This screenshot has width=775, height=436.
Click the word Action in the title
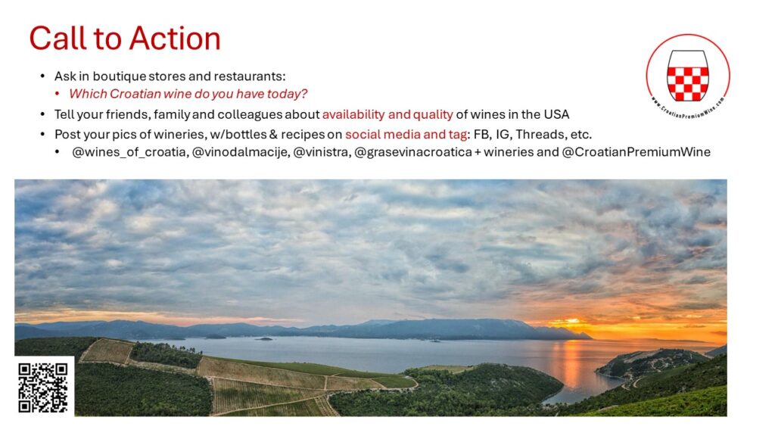pyautogui.click(x=175, y=39)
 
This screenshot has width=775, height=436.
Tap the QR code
pyautogui.click(x=43, y=388)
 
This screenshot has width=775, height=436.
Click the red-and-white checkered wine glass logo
pyautogui.click(x=687, y=75)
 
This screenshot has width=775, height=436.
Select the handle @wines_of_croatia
pyautogui.click(x=129, y=152)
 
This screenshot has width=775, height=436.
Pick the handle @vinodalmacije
pyautogui.click(x=240, y=152)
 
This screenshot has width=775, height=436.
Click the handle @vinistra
pyautogui.click(x=322, y=152)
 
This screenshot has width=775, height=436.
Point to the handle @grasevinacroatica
pyautogui.click(x=413, y=152)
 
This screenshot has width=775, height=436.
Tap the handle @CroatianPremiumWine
pyautogui.click(x=636, y=151)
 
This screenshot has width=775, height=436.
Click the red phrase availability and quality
pyautogui.click(x=387, y=115)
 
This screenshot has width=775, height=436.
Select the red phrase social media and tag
pyautogui.click(x=406, y=135)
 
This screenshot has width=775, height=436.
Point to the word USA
pyautogui.click(x=556, y=115)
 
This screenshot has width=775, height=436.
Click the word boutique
pyautogui.click(x=120, y=76)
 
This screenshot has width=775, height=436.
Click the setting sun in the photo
pyautogui.click(x=572, y=321)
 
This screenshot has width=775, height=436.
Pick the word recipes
pyautogui.click(x=303, y=135)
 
